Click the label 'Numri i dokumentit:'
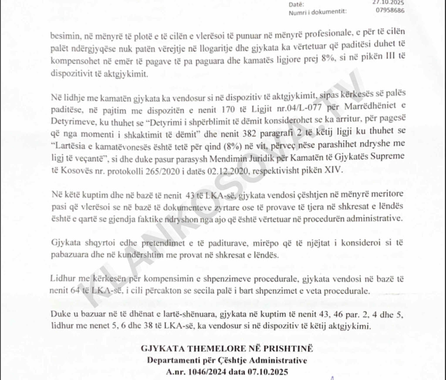(318, 12)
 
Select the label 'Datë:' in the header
(296, 4)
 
